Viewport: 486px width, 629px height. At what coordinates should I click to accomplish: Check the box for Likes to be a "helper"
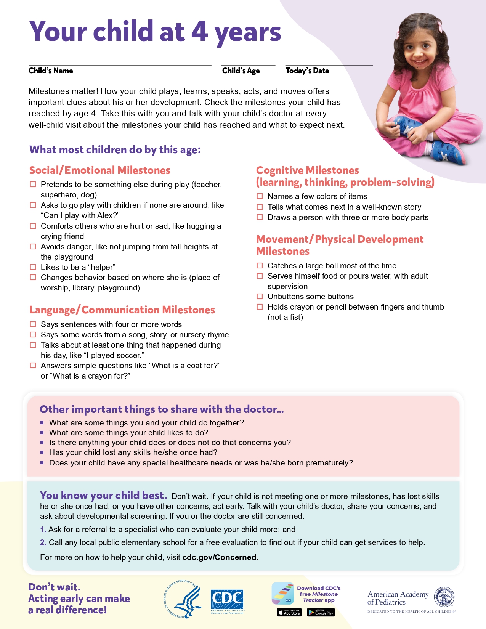(33, 267)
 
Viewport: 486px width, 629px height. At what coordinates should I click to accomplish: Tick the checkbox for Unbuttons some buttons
(260, 297)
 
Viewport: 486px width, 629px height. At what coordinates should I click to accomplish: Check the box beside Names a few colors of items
(260, 196)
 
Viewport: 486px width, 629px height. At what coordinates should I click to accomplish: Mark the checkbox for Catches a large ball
(260, 266)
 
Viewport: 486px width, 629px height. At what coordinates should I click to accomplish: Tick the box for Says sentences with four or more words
(33, 324)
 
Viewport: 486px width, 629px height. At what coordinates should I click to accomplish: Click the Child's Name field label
(51, 71)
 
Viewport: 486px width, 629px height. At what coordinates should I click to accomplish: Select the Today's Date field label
(307, 71)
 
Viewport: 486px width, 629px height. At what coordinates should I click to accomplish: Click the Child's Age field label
(241, 71)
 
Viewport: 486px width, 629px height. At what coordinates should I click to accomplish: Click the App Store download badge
(289, 613)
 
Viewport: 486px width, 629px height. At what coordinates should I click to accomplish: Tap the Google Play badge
(321, 613)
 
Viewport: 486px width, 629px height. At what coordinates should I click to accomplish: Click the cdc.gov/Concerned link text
(219, 557)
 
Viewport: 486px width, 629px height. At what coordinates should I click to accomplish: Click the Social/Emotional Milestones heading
(100, 170)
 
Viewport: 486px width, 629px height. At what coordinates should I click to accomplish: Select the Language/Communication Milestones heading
(122, 310)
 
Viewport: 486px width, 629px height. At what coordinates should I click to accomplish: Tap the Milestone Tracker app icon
(282, 593)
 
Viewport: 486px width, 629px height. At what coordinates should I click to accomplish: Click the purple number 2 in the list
(43, 542)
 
